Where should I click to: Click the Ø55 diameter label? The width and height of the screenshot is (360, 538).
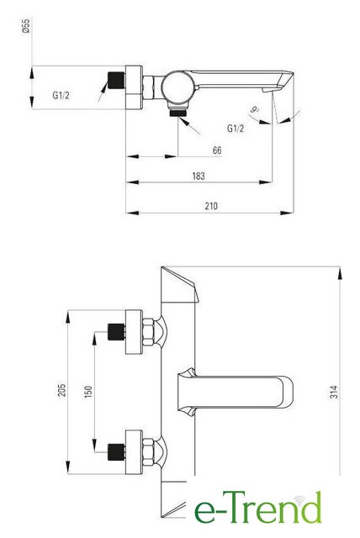[x=26, y=26]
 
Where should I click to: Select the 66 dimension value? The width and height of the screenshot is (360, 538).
[x=217, y=150]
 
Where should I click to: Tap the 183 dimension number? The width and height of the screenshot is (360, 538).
[x=199, y=176]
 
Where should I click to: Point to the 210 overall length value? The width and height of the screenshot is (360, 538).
[x=211, y=206]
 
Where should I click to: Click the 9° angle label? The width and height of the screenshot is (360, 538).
[x=254, y=110]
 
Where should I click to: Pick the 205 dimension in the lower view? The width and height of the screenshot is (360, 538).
[x=61, y=390]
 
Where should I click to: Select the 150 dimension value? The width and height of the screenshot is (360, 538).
[x=88, y=393]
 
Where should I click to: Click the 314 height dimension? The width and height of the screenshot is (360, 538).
[x=334, y=392]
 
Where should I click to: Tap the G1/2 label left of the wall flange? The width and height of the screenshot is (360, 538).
[x=61, y=95]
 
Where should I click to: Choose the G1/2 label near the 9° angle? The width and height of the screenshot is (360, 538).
[x=236, y=129]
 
